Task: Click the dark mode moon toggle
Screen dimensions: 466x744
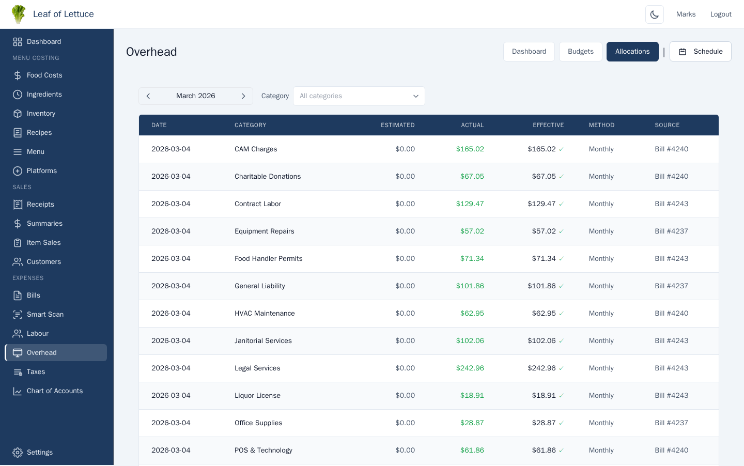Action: click(654, 14)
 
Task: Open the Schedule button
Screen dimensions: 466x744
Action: click(700, 52)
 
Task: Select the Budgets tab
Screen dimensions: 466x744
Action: click(580, 52)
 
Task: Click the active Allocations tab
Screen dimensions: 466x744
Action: click(632, 52)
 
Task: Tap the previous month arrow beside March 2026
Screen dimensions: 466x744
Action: click(148, 96)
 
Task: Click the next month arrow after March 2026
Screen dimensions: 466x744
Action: click(243, 96)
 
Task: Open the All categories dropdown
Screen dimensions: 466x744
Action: click(359, 96)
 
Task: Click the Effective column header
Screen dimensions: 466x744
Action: click(548, 125)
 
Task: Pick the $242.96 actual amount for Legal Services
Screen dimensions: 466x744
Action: click(470, 368)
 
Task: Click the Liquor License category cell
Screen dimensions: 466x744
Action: click(257, 396)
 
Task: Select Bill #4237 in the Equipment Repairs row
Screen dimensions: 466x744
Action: click(671, 231)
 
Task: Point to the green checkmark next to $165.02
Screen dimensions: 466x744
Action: click(561, 149)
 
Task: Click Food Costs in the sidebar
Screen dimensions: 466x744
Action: click(44, 75)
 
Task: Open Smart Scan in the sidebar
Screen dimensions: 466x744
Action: click(45, 315)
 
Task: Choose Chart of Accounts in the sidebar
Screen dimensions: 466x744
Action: click(54, 391)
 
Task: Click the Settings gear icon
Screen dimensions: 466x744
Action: click(18, 453)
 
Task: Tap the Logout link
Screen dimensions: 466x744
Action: click(720, 14)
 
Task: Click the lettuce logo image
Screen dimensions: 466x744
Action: click(19, 14)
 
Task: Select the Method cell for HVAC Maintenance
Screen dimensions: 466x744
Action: click(601, 314)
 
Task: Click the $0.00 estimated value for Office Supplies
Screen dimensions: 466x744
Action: click(405, 423)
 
